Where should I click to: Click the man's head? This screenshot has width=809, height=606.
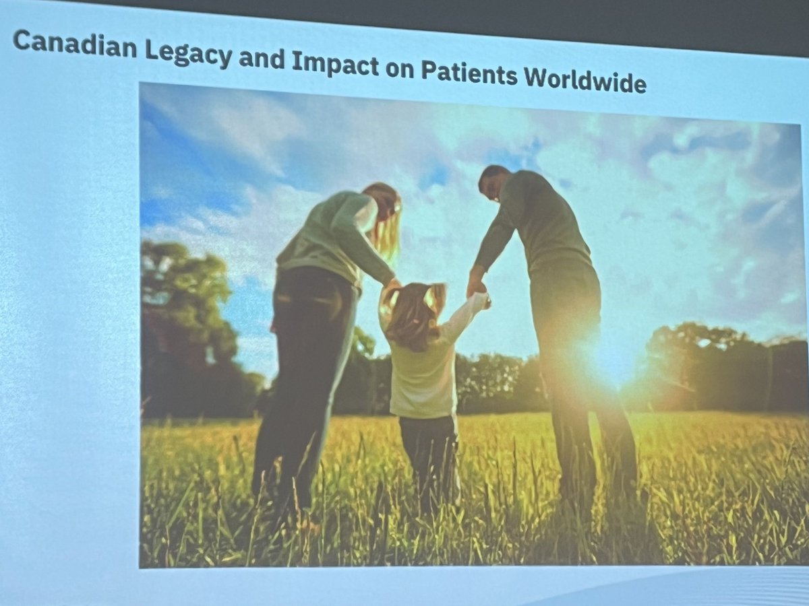tap(493, 183)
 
